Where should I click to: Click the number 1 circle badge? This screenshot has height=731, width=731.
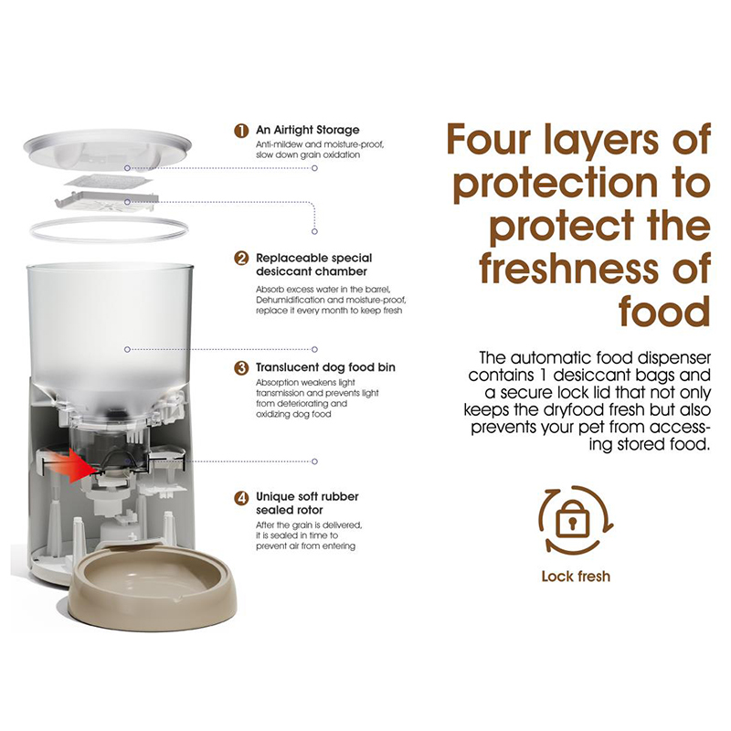[x=241, y=130]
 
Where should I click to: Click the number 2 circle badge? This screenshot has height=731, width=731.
[x=241, y=259]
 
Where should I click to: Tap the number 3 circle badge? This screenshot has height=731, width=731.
[x=241, y=368]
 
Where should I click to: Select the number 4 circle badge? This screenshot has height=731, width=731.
[x=241, y=497]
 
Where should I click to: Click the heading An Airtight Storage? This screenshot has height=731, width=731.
[x=308, y=130]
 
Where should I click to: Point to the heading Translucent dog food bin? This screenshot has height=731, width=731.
[x=325, y=367]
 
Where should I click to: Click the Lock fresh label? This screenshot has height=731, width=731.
[x=576, y=577]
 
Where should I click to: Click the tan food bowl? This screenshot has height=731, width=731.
[x=153, y=588]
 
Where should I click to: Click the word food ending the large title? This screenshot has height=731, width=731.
[x=665, y=311]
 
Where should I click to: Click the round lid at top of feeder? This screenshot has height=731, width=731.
[x=107, y=150]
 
